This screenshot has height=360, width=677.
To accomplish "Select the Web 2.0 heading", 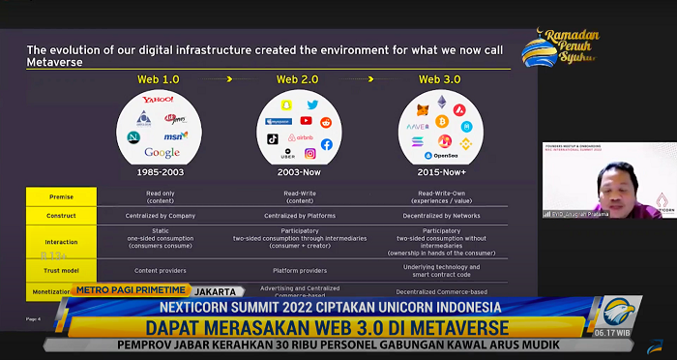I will [x=299, y=78].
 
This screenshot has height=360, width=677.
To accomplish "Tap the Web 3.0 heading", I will [x=440, y=78].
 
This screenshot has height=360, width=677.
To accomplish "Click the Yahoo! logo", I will [x=157, y=101].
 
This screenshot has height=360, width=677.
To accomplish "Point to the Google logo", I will [x=162, y=153].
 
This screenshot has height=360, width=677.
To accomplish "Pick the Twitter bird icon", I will [x=312, y=105].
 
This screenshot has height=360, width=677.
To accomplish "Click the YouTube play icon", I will [x=306, y=121].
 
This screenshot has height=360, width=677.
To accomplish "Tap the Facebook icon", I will [x=327, y=144].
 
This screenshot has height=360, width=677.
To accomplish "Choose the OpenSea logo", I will [x=445, y=155].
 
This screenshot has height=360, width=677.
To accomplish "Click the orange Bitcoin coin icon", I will [x=442, y=122].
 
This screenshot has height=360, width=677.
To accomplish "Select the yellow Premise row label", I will [x=62, y=195].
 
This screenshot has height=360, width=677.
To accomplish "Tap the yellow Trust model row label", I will [x=62, y=271].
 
